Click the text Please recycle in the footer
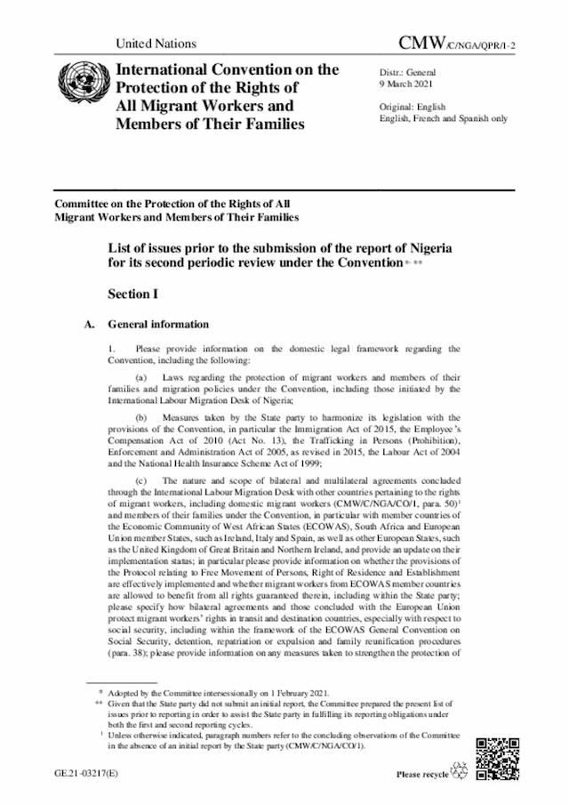(421, 775)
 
